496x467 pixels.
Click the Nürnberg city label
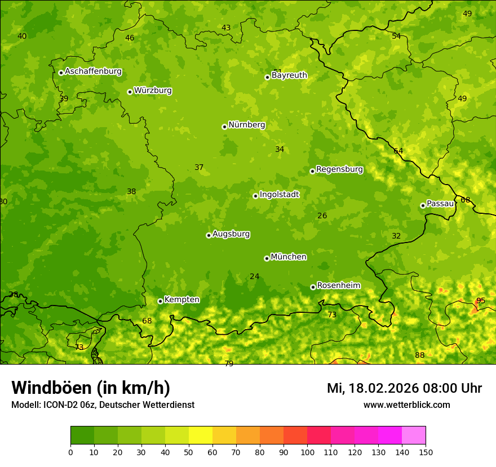coord(247,125)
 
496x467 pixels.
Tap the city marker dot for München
coord(267,258)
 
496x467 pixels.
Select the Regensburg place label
coord(339,169)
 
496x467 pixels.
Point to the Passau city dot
coord(423,205)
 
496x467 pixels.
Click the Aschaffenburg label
coord(93,71)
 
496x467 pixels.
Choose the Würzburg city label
coord(153,91)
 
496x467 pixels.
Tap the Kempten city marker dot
coord(160,301)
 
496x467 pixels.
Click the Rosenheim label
coord(339,286)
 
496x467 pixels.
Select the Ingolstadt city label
coord(279,195)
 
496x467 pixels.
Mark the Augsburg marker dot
coord(209,235)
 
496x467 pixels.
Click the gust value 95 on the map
coord(481,300)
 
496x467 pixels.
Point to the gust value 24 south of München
coord(255,276)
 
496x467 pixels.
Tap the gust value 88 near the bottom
coord(420,355)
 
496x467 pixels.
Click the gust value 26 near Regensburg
coord(322,215)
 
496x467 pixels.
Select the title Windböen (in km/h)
coord(91,388)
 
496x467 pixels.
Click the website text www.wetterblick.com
coord(407,405)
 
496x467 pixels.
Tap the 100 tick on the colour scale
coord(307,452)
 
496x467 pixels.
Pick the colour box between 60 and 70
coord(224,435)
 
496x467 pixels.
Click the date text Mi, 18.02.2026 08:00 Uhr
coord(404,388)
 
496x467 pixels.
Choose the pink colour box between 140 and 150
coord(414,435)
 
